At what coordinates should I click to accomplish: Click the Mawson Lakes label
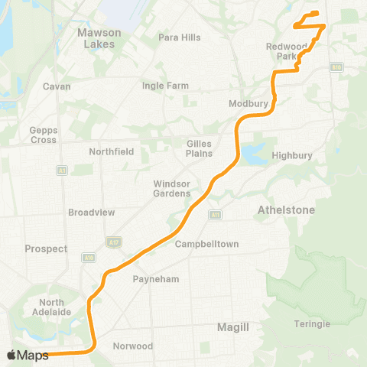tap(97, 38)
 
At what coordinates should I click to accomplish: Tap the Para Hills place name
tap(179, 37)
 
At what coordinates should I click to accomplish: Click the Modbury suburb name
tap(246, 103)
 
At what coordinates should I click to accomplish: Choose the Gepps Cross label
tap(43, 135)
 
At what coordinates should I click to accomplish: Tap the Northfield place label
tap(111, 151)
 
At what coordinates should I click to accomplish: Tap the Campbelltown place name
tap(207, 245)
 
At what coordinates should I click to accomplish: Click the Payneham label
tap(156, 279)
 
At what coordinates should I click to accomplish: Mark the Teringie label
tap(312, 324)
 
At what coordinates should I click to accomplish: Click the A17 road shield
tap(112, 242)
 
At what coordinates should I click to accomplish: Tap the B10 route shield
tap(336, 67)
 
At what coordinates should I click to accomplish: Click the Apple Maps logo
tap(28, 355)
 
